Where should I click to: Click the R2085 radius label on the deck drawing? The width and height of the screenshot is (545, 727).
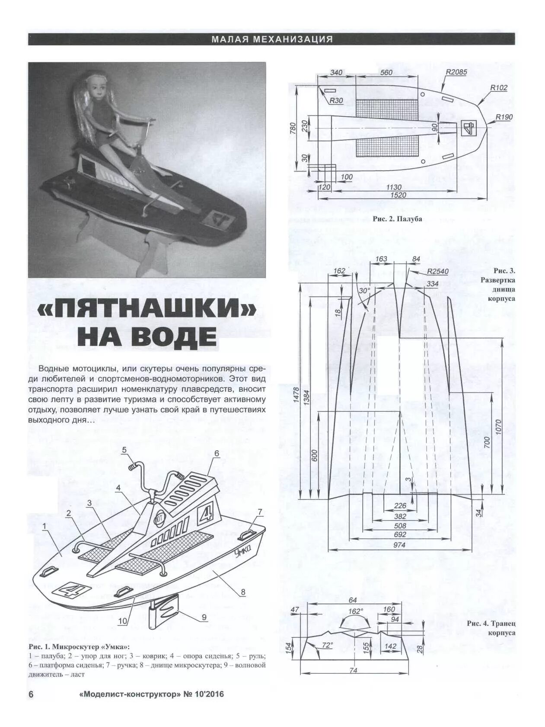[456, 72]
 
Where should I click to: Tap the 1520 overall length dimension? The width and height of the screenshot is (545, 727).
[398, 195]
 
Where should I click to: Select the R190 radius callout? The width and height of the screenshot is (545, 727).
[504, 117]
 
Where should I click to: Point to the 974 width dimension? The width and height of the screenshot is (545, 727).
[399, 545]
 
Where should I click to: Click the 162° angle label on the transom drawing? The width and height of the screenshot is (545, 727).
[355, 611]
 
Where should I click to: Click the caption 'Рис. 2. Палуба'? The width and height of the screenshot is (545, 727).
[397, 219]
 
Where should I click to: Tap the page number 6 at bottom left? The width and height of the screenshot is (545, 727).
[31, 694]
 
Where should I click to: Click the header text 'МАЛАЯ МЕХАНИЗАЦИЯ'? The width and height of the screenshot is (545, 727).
[272, 39]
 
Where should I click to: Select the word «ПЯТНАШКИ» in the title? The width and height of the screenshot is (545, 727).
[146, 309]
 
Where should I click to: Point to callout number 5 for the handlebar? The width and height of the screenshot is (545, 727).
[124, 450]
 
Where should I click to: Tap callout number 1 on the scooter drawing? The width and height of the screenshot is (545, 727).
[44, 526]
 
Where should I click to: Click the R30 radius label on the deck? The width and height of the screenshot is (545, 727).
[336, 101]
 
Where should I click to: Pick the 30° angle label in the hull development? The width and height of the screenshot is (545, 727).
[364, 291]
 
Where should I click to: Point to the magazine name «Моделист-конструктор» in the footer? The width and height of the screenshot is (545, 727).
[130, 695]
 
